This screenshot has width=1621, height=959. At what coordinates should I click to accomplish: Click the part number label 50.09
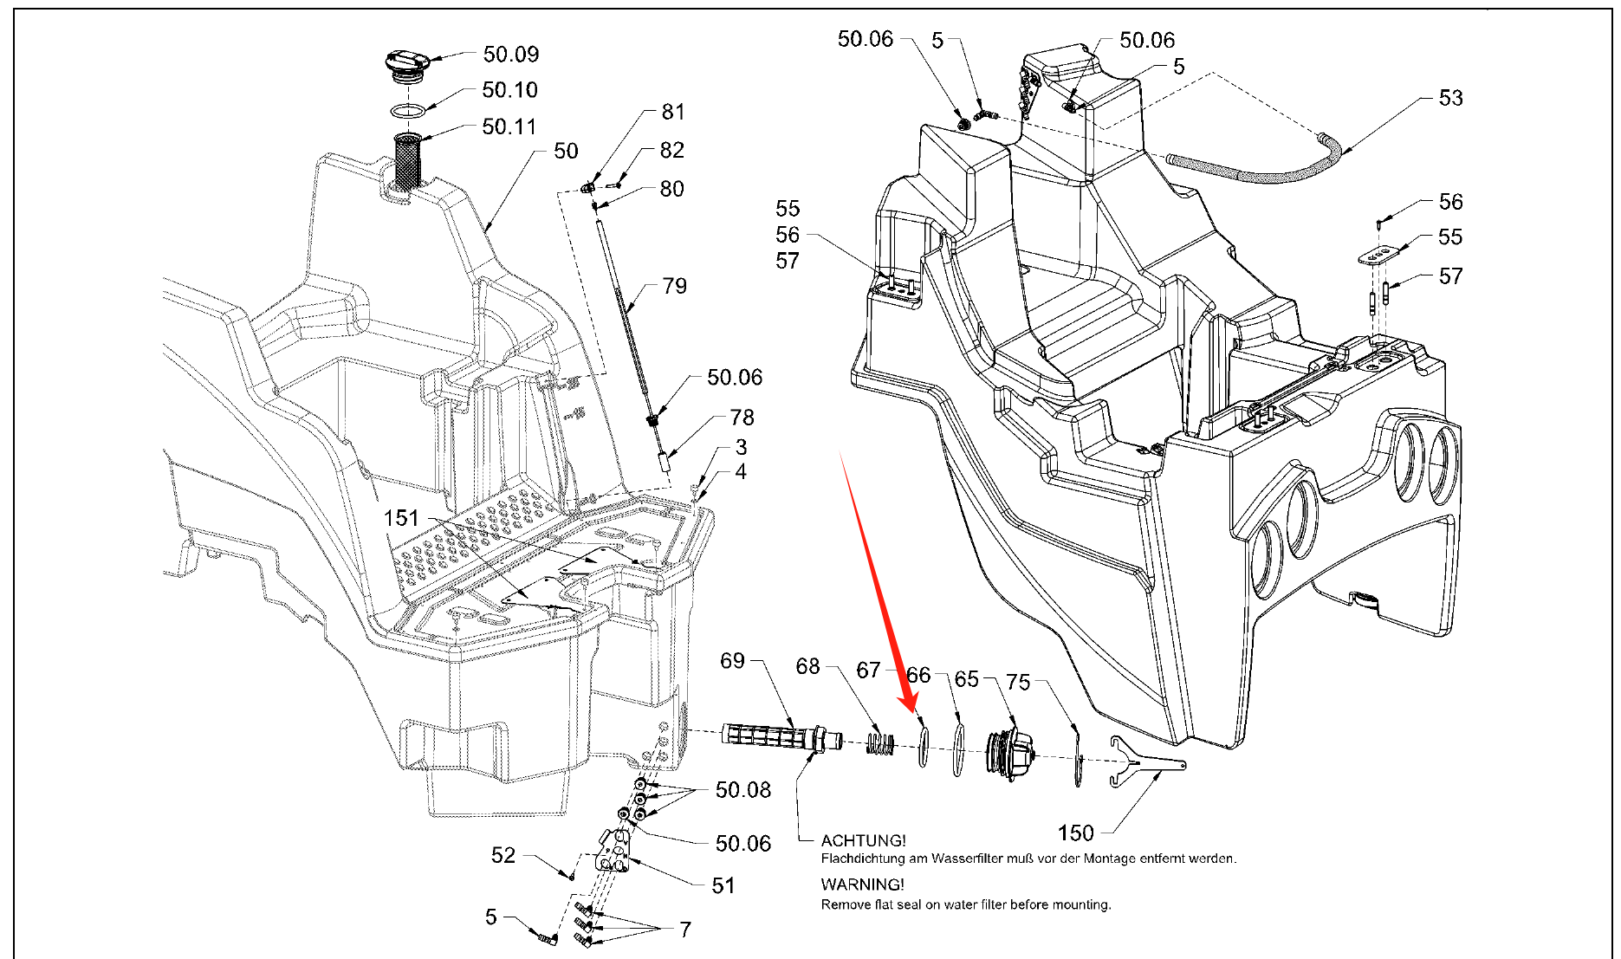pos(510,55)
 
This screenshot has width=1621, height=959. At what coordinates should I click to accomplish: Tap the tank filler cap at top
pos(406,63)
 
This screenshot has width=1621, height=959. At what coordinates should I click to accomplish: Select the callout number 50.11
pos(509,126)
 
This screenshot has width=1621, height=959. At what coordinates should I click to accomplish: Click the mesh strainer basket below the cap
pos(407,160)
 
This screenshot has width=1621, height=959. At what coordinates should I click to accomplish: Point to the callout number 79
pos(674,286)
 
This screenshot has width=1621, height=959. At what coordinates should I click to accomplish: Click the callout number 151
pos(401,518)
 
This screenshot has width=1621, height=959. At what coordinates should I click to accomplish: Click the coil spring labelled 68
pos(879,743)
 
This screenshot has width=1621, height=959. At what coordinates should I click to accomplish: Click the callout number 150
pos(1075,833)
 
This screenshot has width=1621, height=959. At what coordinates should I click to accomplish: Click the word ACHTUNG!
pos(863,840)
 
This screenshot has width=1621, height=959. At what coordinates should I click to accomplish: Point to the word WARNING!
pos(862,884)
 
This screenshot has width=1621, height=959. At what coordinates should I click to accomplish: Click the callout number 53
pos(1450,98)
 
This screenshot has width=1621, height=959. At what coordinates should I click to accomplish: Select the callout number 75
pos(1018,683)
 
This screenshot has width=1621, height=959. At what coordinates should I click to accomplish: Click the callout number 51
pos(723,885)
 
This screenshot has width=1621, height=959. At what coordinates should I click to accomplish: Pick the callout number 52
pos(503,855)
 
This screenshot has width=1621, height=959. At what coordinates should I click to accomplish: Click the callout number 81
pos(673,112)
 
